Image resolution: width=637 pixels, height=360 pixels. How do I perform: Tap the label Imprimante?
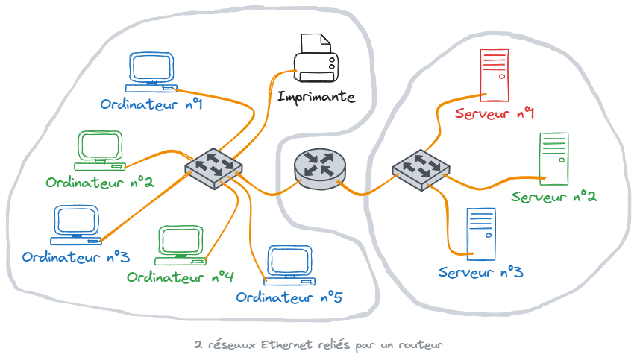(x=316, y=97)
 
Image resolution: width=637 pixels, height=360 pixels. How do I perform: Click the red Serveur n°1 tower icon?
(x=494, y=75)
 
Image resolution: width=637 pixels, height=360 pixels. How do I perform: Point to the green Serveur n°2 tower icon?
(x=553, y=157)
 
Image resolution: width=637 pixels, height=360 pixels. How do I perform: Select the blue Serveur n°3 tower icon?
(x=480, y=233)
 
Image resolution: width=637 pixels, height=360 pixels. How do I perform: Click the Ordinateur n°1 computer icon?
(x=151, y=73)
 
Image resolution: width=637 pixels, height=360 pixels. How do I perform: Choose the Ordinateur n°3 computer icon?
(x=75, y=226)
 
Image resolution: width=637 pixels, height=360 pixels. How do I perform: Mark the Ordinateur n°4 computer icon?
(x=181, y=246)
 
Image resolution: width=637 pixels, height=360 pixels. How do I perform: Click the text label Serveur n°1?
(x=495, y=114)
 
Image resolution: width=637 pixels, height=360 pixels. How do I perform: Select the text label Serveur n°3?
(x=480, y=272)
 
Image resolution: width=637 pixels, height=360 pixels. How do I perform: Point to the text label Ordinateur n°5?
(x=289, y=297)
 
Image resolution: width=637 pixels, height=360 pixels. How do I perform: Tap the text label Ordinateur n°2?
(x=99, y=183)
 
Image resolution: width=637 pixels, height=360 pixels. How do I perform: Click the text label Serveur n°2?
(x=553, y=197)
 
